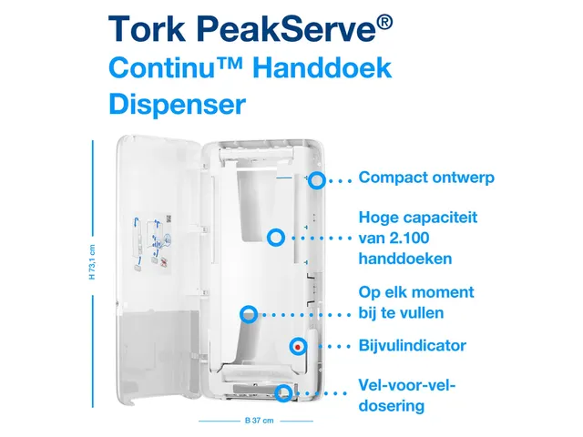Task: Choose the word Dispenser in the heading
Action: tap(177, 104)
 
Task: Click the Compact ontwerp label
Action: tap(426, 178)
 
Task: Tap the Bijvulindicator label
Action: tap(413, 346)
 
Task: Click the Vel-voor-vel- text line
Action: tap(408, 385)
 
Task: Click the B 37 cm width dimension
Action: tap(255, 421)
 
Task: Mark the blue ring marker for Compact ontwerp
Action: tap(316, 179)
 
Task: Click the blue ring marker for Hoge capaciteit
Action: tap(274, 238)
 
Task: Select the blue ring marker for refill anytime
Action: tap(247, 314)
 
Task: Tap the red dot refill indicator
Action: tap(298, 346)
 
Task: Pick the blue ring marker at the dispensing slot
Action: tap(284, 393)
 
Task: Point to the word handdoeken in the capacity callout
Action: tap(406, 259)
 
